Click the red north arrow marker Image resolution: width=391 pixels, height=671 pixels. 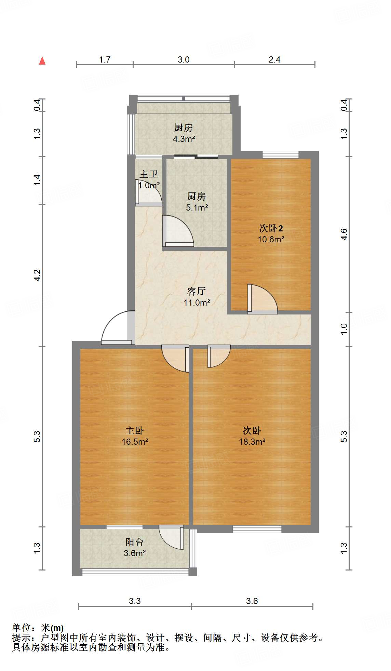[x=42, y=61]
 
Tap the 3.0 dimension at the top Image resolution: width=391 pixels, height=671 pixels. [x=184, y=60]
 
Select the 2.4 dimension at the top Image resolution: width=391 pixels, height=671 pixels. [x=274, y=60]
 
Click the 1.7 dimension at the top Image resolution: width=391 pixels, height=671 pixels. [x=105, y=60]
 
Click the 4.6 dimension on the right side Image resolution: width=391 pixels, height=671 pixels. [x=344, y=234]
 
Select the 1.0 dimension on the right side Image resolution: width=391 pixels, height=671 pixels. [x=344, y=329]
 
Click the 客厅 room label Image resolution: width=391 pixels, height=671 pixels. [x=197, y=291]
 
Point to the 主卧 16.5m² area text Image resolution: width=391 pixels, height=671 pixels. [x=135, y=442]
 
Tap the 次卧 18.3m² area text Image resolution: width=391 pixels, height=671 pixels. [x=252, y=442]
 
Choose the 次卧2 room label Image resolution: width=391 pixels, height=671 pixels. [x=271, y=228]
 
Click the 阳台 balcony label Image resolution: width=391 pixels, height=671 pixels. [x=134, y=542]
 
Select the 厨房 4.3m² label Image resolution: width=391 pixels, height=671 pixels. [x=184, y=133]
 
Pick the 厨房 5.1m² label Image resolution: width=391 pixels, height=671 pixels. [x=197, y=202]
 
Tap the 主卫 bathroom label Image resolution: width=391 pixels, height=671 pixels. [x=149, y=174]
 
